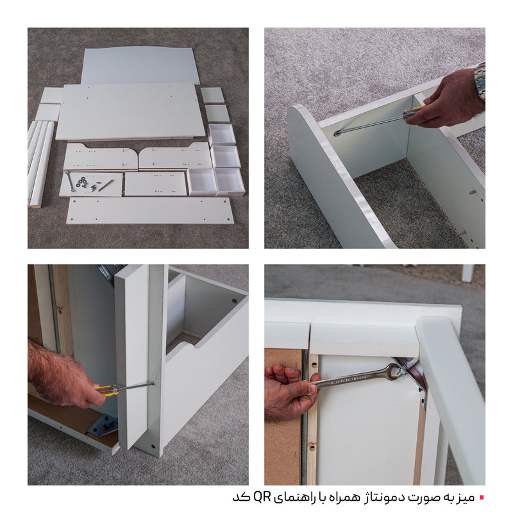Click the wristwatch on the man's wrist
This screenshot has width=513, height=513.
(480, 81)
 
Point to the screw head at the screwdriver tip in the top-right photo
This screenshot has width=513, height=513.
(337, 133)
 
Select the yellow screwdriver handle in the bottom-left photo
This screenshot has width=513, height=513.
(107, 391)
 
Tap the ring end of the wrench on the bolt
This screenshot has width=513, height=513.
(394, 371)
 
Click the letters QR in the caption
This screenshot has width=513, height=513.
(262, 498)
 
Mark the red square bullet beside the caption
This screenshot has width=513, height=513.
(482, 498)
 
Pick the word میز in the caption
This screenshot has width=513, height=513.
(464, 498)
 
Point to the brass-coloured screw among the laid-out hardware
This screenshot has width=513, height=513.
(106, 185)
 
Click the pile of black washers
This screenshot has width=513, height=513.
(82, 181)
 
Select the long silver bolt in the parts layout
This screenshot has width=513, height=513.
(70, 181)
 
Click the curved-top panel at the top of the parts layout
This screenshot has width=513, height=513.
(140, 65)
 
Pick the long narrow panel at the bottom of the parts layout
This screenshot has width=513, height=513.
(151, 210)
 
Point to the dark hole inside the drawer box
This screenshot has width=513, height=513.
(234, 301)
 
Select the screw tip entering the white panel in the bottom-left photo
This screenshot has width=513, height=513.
(153, 383)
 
